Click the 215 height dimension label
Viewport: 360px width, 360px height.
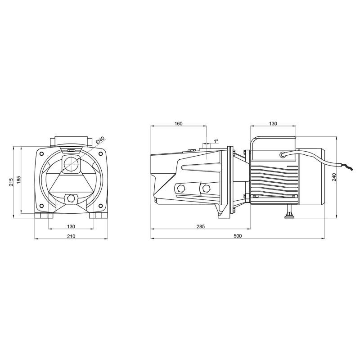tap(10, 181)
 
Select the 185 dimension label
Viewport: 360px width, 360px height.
tap(18, 179)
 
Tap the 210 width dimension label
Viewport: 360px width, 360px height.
tap(71, 236)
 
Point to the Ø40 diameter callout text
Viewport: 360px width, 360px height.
tap(100, 141)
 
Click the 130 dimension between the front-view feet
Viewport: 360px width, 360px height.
tap(71, 226)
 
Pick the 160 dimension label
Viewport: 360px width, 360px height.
tap(178, 123)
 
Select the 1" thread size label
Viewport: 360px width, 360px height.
tap(216, 141)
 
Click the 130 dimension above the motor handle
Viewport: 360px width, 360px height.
tap(273, 123)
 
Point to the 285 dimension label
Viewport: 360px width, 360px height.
tap(200, 226)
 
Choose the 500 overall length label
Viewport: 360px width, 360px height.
tap(238, 236)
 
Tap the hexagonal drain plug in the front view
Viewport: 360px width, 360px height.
tap(71, 198)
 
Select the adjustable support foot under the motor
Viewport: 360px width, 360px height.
tap(288, 213)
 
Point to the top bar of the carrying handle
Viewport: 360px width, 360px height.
tap(273, 138)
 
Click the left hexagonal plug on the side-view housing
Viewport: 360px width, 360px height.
tap(181, 188)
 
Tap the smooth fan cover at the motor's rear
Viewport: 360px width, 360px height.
tap(310, 176)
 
